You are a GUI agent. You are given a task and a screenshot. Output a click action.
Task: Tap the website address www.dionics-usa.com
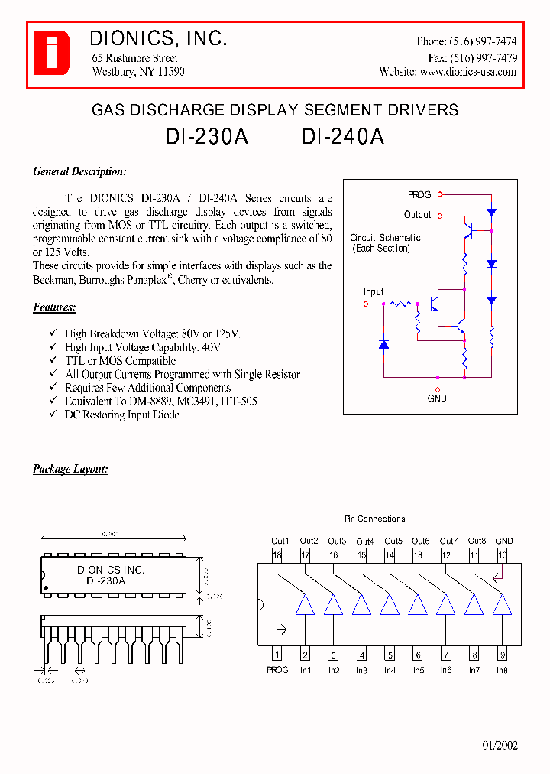click(467, 72)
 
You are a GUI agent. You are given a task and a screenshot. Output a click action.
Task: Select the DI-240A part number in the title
click(342, 136)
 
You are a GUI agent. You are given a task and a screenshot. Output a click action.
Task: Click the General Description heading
click(79, 172)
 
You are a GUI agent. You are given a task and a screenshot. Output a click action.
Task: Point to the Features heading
click(54, 307)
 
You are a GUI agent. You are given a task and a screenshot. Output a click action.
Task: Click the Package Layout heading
click(70, 469)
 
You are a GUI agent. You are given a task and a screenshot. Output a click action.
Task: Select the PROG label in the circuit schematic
click(419, 195)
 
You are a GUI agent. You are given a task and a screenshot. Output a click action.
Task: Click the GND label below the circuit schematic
click(437, 398)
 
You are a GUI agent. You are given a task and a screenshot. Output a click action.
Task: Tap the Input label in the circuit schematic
click(374, 292)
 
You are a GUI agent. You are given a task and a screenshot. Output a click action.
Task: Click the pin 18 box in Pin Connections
click(277, 555)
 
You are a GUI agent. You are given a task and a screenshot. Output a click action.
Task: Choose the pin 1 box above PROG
click(277, 655)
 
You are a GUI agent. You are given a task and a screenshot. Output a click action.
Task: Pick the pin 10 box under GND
click(502, 555)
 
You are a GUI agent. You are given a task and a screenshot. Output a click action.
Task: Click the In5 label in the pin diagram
click(418, 671)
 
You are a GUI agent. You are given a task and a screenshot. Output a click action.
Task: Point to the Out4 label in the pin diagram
click(364, 541)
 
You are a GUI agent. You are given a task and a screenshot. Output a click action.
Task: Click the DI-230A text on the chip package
click(105, 581)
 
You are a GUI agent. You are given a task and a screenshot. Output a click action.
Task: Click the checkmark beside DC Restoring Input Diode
click(53, 415)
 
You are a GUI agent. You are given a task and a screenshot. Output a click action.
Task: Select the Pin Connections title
click(374, 519)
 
